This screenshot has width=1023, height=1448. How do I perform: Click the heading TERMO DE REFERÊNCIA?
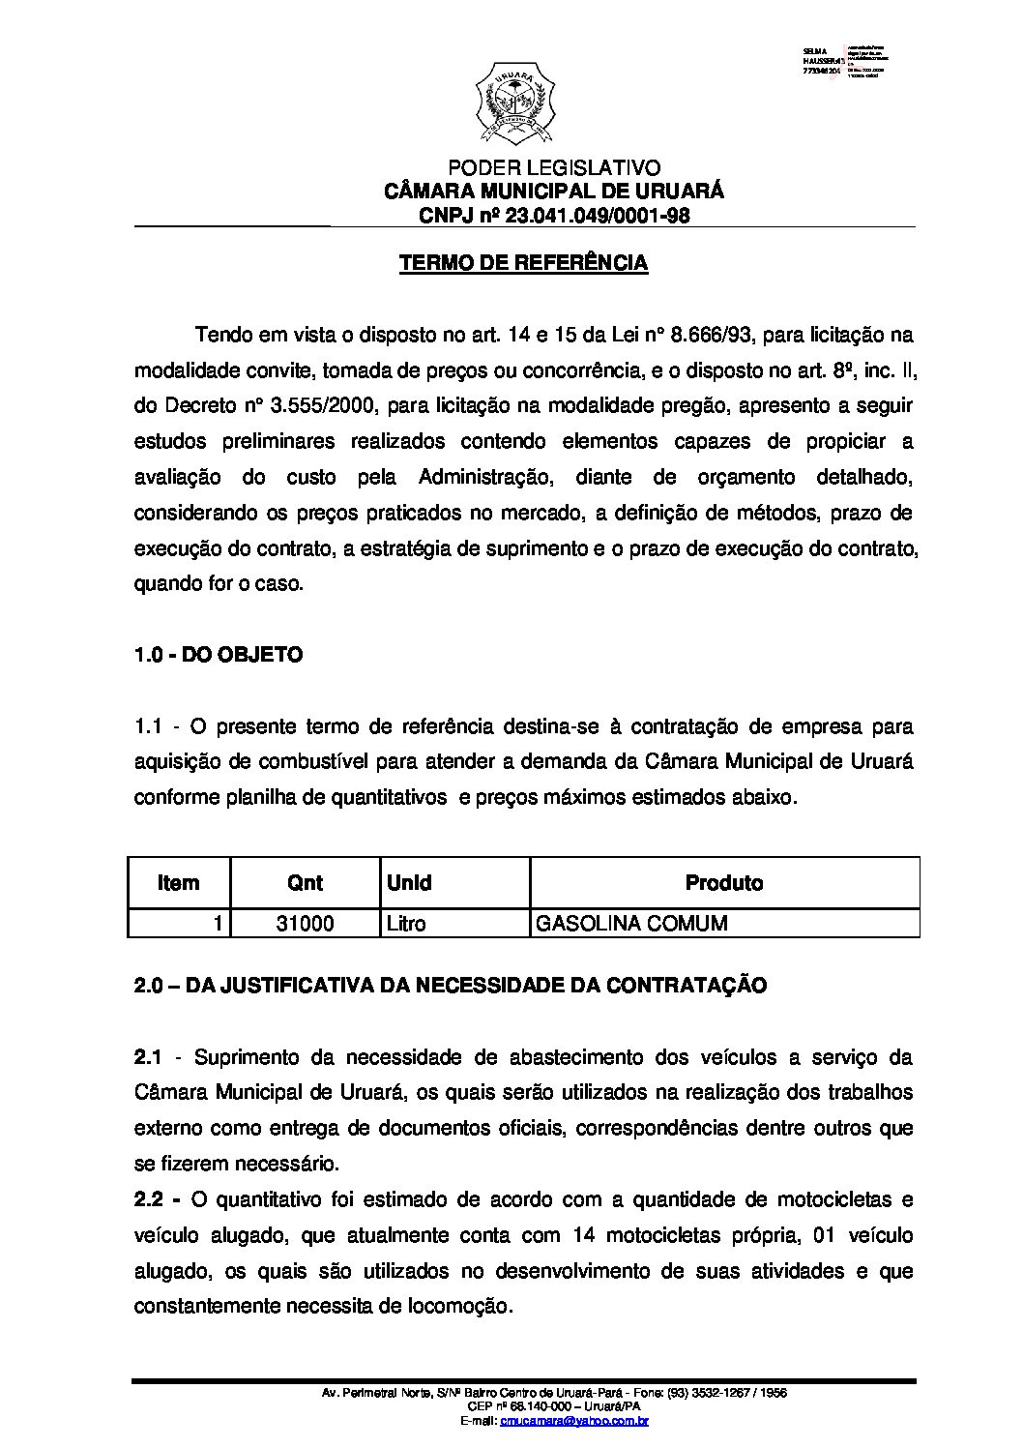click(524, 263)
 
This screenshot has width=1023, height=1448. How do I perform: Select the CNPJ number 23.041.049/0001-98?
click(598, 216)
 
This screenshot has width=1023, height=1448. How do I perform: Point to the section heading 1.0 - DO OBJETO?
click(218, 655)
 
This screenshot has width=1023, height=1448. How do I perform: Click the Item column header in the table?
click(178, 883)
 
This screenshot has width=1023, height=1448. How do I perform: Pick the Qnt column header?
click(305, 883)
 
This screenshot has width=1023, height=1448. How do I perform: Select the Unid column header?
click(409, 883)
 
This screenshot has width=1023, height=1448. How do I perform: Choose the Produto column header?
click(723, 883)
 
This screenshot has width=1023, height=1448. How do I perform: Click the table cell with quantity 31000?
click(305, 924)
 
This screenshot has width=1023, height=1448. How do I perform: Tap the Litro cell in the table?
click(406, 924)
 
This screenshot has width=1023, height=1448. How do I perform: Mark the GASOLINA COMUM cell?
click(631, 924)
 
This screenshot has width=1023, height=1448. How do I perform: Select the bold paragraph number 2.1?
click(148, 1057)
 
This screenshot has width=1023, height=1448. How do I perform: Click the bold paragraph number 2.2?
click(148, 1200)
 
